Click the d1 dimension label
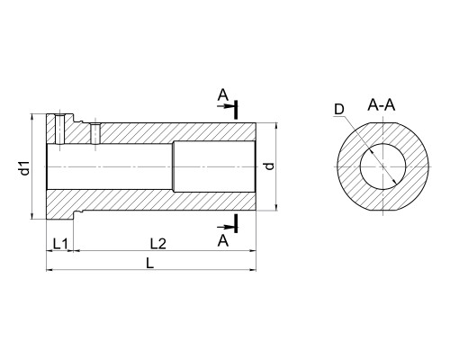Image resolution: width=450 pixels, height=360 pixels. click(26, 167)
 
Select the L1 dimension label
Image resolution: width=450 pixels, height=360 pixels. click(60, 244)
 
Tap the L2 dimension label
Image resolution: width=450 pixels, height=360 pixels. click(158, 244)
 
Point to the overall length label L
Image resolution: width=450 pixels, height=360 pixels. click(149, 264)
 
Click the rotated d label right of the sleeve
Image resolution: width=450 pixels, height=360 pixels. click(270, 166)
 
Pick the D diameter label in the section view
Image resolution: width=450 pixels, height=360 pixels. click(339, 110)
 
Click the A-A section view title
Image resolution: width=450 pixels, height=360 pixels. click(382, 105)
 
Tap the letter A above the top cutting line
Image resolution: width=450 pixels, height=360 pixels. click(223, 95)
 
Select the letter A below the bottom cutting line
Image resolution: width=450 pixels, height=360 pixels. click(223, 240)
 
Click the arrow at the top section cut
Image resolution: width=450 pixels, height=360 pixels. click(226, 106)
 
